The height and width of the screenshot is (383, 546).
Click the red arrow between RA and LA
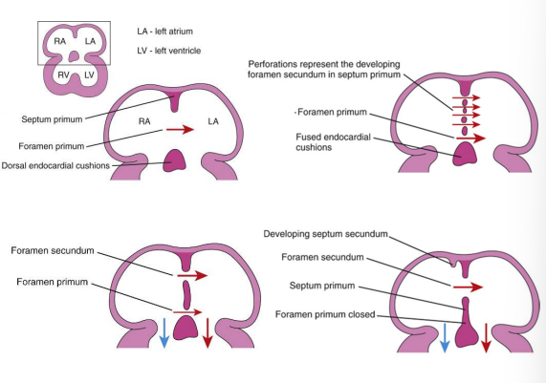[178, 129]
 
